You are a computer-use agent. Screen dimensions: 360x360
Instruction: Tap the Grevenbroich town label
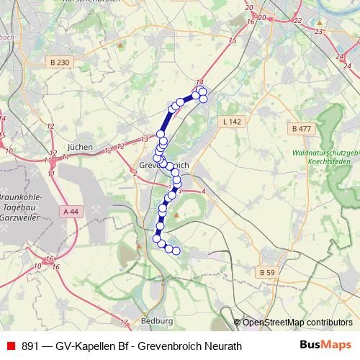click(161, 166)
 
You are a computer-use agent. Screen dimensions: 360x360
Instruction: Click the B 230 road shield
click(61, 63)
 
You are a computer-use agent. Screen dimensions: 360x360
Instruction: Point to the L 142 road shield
click(231, 122)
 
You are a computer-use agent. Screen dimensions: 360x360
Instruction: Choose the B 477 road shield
click(302, 129)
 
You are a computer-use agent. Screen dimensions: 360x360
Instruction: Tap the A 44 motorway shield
click(71, 211)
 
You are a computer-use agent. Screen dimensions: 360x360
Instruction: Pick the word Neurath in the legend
click(223, 346)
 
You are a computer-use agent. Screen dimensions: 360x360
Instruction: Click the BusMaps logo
click(325, 345)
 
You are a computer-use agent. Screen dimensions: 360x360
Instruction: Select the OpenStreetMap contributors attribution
click(297, 323)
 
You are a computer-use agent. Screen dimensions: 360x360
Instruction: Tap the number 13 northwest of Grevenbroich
click(144, 138)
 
